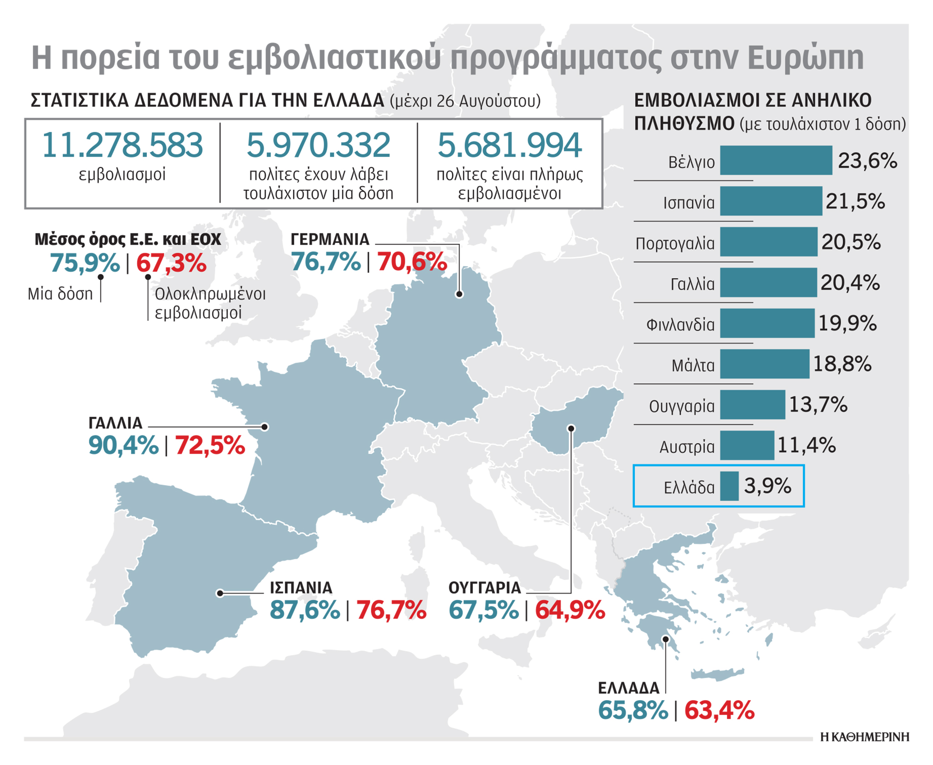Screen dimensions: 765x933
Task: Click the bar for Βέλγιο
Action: (776, 160)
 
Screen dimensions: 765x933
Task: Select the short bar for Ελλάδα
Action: (729, 486)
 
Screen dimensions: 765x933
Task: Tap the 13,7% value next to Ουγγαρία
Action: (818, 405)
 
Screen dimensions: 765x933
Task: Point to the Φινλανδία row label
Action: (680, 325)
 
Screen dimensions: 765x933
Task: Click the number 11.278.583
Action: (122, 146)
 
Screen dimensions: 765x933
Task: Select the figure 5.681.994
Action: (509, 146)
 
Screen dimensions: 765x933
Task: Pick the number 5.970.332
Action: (318, 146)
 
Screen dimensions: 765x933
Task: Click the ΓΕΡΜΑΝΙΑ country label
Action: (330, 239)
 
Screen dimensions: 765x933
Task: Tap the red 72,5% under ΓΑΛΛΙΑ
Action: (210, 445)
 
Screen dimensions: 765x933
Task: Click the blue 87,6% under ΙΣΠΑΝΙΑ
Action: (305, 610)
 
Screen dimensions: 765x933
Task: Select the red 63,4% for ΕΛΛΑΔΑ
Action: (719, 710)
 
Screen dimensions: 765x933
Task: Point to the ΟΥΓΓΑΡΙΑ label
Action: (485, 588)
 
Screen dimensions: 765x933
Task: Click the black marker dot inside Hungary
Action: (571, 428)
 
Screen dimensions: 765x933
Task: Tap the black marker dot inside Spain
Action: (220, 593)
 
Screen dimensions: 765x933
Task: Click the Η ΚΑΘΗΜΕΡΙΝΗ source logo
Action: (864, 737)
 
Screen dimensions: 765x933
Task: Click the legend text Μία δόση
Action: (60, 294)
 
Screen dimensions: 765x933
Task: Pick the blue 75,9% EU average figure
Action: (85, 263)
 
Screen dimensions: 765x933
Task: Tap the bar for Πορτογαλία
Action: (768, 242)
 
